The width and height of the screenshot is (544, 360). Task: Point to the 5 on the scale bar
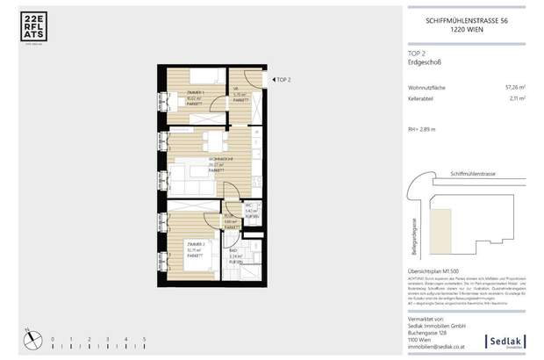tap(143, 338)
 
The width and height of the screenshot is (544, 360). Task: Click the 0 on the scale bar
tap(52, 338)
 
